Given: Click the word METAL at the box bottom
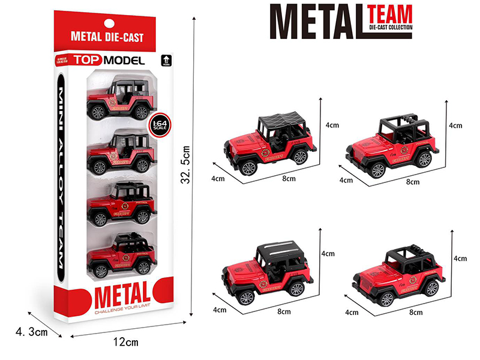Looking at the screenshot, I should [x=121, y=296].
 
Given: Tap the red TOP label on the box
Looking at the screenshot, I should [x=88, y=60].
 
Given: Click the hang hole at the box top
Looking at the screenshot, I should [x=107, y=23].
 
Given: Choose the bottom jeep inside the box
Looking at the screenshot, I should [x=121, y=256].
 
